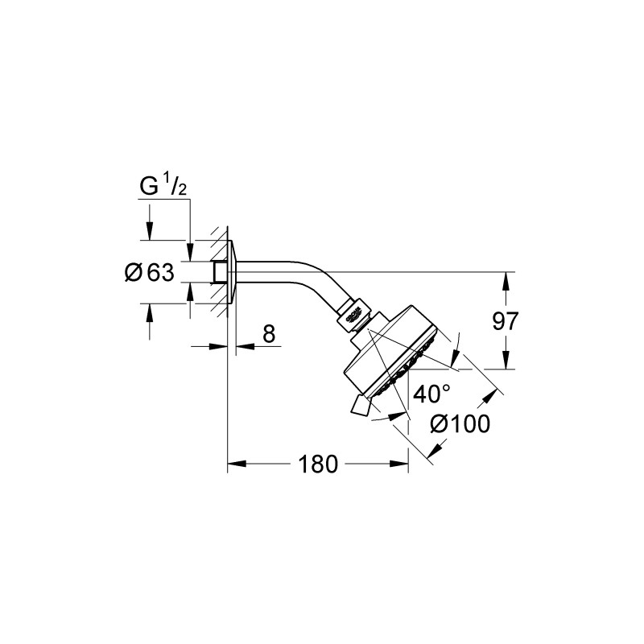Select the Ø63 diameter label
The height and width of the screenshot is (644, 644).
[x=150, y=272]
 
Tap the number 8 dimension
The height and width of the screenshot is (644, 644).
[x=268, y=334]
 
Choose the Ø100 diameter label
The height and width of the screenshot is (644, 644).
[x=460, y=423]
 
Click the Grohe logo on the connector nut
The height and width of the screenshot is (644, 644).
[x=355, y=316]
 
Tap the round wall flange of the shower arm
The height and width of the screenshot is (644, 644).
[x=231, y=271]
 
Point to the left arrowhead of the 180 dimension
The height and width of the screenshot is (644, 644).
[x=235, y=464]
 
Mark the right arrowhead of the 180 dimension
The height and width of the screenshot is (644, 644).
[x=402, y=464]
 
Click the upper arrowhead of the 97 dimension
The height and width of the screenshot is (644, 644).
[x=506, y=278]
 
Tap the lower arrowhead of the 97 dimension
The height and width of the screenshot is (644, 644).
[x=506, y=364]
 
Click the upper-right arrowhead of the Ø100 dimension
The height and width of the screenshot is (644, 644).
[x=491, y=394]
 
